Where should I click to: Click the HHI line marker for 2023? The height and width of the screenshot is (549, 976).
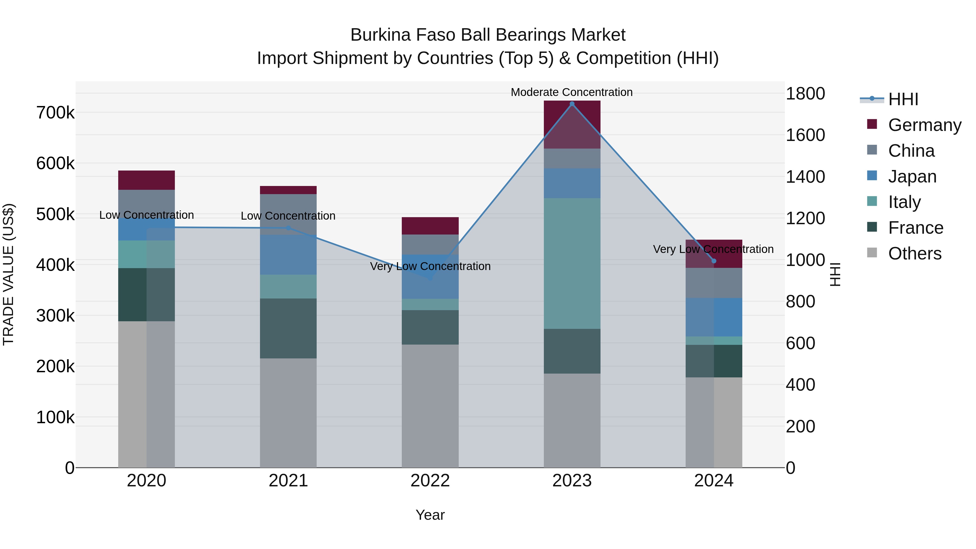tap(572, 104)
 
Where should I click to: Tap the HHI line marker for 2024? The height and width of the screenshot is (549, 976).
tap(714, 261)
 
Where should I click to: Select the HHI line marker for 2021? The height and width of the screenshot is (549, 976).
tap(288, 228)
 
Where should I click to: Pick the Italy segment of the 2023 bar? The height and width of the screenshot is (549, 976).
tap(572, 263)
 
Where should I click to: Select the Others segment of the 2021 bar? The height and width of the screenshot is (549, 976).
tap(288, 413)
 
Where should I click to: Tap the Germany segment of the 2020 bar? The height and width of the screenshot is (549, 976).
tap(147, 180)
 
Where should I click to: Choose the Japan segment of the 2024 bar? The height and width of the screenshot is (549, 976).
tap(714, 317)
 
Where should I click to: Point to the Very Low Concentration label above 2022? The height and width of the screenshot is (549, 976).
tap(430, 266)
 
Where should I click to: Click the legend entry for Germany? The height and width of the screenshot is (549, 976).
tap(924, 125)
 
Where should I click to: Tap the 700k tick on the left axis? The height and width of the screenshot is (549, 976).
tap(55, 113)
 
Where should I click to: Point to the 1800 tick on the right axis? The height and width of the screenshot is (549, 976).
tap(805, 94)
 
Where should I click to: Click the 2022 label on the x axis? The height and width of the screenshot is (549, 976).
tap(430, 481)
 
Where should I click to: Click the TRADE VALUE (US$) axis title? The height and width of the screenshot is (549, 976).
tap(8, 274)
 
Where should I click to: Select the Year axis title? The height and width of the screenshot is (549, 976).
tap(430, 515)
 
